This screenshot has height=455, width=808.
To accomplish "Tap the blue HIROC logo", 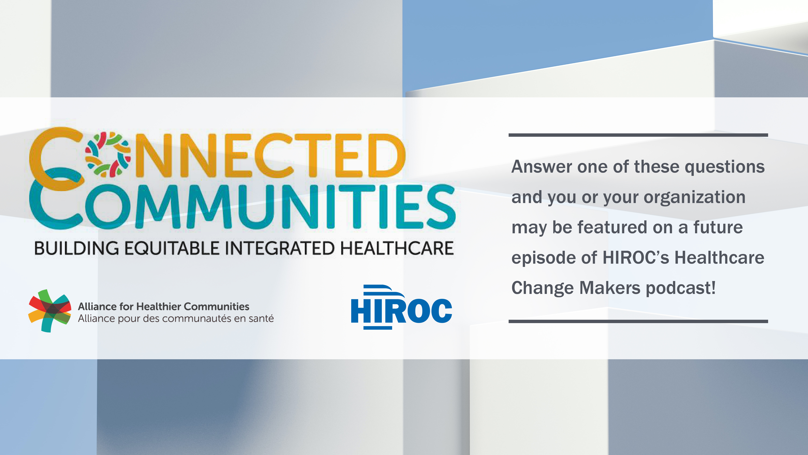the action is [401, 307].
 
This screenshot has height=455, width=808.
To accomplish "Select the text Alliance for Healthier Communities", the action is [163, 306].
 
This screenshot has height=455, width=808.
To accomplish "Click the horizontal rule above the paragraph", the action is [638, 135].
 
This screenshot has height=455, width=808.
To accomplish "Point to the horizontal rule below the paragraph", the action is [638, 321].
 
